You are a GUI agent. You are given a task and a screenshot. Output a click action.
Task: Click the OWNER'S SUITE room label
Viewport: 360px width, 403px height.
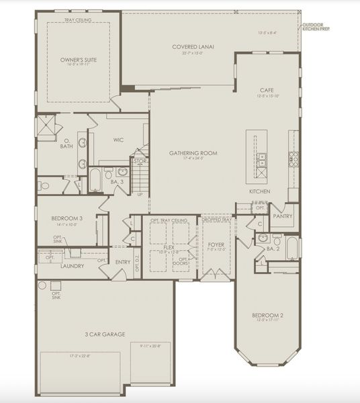point(79,60)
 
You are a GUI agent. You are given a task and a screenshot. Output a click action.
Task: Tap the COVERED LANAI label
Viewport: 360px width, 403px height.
point(193,46)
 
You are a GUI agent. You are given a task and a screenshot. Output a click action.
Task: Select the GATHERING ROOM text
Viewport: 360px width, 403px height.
point(193,153)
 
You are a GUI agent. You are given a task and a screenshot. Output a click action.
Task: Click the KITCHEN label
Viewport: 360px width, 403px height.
point(260,191)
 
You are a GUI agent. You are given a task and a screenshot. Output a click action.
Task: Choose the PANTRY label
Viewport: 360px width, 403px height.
point(283,216)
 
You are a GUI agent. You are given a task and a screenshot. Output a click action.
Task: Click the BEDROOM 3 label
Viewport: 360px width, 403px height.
point(66,218)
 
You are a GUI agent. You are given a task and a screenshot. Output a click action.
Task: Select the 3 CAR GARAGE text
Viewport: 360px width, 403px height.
point(106,334)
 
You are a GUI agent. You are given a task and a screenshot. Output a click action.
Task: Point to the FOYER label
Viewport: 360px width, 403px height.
point(216,245)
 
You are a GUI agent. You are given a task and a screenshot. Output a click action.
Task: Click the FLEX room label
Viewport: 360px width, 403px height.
point(169,247)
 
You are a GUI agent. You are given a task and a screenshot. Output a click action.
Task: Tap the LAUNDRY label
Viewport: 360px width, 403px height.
point(72,265)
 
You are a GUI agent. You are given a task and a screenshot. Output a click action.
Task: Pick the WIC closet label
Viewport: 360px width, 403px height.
point(118,140)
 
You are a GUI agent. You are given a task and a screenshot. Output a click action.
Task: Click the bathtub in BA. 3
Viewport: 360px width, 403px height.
point(94,179)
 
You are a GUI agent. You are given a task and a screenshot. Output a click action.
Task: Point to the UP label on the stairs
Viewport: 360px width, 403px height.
point(139,195)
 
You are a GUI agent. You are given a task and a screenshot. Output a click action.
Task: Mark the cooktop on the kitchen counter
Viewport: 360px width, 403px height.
point(294,159)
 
